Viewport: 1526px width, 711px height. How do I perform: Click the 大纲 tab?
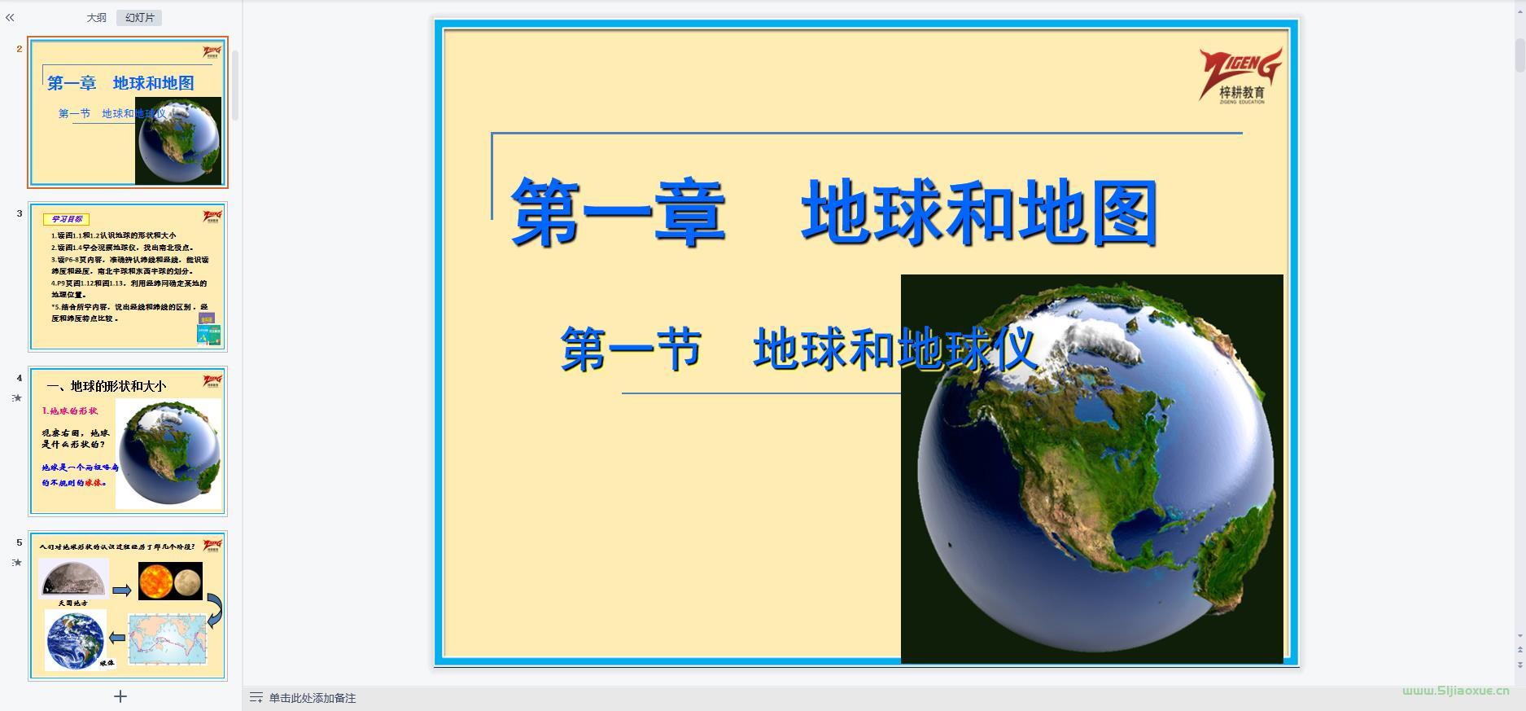pyautogui.click(x=96, y=18)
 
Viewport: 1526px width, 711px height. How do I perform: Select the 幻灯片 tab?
pyautogui.click(x=139, y=18)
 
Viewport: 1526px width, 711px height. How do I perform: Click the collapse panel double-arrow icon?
pyautogui.click(x=10, y=17)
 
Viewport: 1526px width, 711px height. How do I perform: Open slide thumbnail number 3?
pyautogui.click(x=128, y=277)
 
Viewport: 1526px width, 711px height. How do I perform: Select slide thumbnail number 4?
pyautogui.click(x=128, y=441)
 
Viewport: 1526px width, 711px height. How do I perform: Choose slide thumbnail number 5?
pyautogui.click(x=128, y=606)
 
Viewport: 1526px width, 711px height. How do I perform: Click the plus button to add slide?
pyautogui.click(x=120, y=696)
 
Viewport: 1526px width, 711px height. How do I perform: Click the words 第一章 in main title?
pyautogui.click(x=618, y=213)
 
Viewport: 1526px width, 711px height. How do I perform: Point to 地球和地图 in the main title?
pyautogui.click(x=979, y=213)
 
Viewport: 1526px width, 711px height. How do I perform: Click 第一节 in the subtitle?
pyautogui.click(x=631, y=349)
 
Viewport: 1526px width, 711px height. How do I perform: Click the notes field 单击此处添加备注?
pyautogui.click(x=313, y=698)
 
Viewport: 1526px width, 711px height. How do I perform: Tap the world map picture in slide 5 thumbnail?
pyautogui.click(x=168, y=637)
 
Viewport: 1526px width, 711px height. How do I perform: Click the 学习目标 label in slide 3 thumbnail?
pyautogui.click(x=67, y=219)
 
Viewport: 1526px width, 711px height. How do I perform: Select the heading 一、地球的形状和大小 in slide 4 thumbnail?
pyautogui.click(x=106, y=386)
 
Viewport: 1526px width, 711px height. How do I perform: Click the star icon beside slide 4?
pyautogui.click(x=17, y=398)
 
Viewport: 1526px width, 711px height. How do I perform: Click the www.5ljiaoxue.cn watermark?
pyautogui.click(x=1455, y=691)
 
